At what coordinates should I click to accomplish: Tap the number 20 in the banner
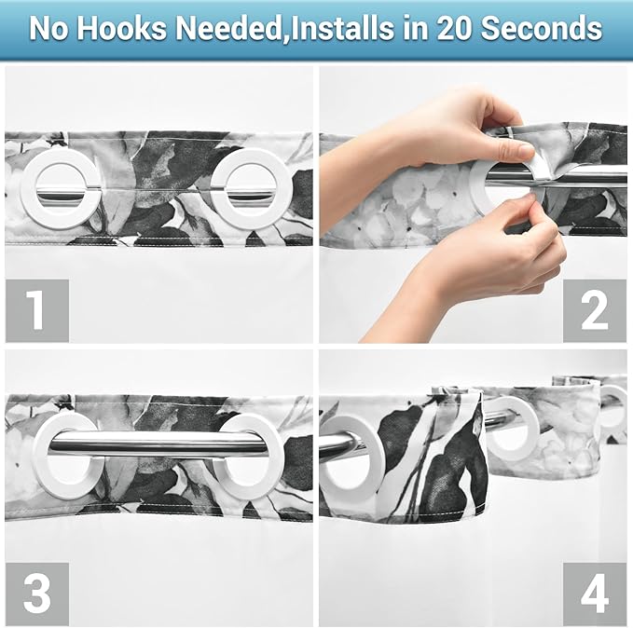tap(453, 28)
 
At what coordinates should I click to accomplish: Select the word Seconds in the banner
tap(542, 28)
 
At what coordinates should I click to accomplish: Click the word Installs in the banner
tap(343, 28)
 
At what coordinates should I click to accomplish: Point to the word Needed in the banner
tap(228, 28)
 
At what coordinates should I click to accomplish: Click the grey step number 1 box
tap(37, 311)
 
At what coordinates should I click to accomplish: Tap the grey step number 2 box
tap(595, 311)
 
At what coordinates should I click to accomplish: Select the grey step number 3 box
tap(37, 594)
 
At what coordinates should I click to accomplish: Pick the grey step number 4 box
tap(595, 594)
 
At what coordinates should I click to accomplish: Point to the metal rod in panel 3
tap(158, 444)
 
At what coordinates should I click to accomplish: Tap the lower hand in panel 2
tap(485, 266)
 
